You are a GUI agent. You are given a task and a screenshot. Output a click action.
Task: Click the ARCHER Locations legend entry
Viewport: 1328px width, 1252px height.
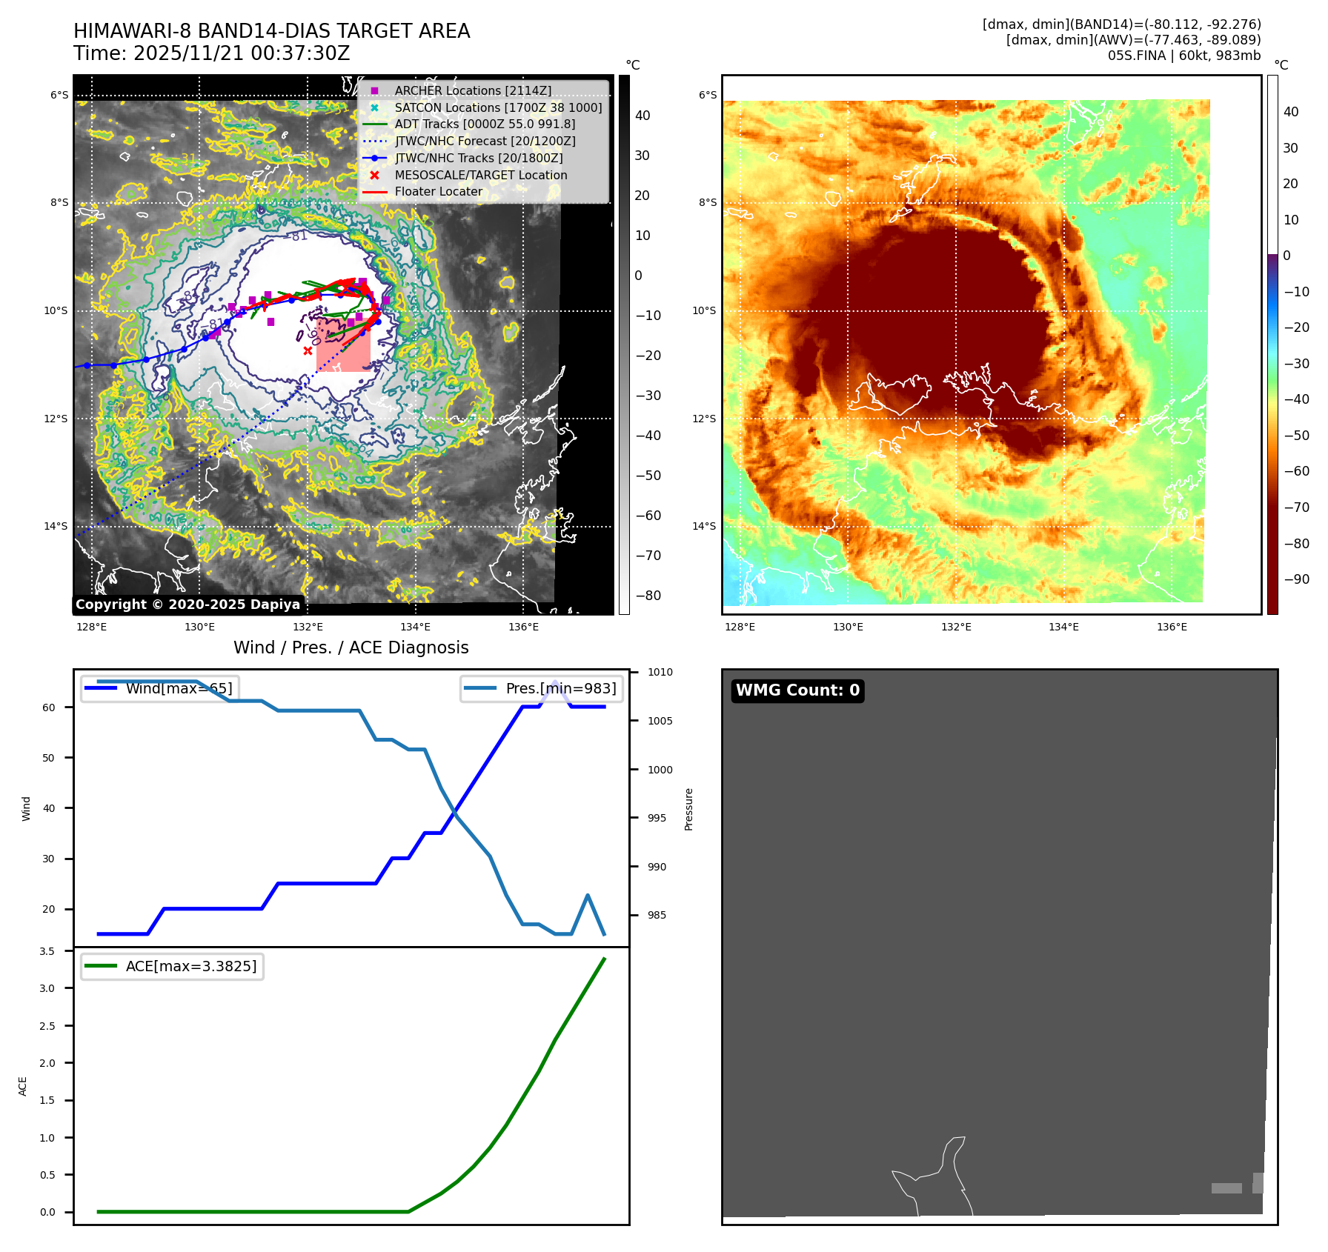(472, 90)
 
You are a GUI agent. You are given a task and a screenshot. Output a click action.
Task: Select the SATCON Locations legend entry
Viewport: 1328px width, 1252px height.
(497, 107)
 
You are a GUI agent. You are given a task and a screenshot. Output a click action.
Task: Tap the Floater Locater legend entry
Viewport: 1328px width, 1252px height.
(438, 191)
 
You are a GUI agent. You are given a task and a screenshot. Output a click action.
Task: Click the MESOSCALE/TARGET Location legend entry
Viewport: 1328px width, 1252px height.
(480, 175)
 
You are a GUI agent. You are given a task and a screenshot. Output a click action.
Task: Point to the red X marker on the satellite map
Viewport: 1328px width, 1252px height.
(308, 350)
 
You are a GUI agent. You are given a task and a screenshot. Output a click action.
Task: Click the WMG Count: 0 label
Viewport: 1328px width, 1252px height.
(797, 690)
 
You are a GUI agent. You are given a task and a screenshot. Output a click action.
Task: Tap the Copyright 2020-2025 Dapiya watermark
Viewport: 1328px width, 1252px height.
(187, 605)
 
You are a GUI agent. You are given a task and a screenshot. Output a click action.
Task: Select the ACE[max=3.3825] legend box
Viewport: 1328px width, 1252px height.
(172, 966)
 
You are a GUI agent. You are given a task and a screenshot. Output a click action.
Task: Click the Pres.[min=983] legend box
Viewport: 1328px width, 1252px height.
(541, 688)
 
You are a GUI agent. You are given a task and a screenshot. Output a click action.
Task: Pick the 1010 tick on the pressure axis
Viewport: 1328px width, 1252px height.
(660, 672)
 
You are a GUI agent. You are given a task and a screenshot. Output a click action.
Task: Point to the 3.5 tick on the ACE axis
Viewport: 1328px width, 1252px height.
(47, 951)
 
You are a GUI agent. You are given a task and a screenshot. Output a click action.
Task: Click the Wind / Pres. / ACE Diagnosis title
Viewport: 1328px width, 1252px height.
(351, 647)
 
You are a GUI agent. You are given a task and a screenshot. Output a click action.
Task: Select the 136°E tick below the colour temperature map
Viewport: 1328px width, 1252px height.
(1172, 627)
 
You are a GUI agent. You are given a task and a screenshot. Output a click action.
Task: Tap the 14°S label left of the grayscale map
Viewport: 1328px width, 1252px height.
(56, 526)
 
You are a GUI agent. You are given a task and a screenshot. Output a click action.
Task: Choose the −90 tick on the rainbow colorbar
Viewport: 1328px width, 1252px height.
(1296, 579)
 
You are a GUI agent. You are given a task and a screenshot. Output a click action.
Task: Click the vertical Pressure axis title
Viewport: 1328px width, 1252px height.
(688, 809)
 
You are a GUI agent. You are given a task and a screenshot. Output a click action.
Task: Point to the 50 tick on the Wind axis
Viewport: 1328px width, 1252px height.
(48, 758)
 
